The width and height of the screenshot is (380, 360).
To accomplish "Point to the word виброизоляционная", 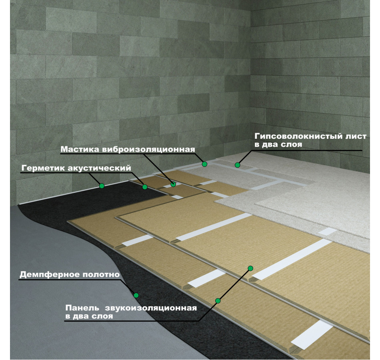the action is point(148,150).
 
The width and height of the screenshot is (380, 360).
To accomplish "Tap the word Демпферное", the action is point(50,274).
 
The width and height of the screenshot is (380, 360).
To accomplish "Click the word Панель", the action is point(82,308).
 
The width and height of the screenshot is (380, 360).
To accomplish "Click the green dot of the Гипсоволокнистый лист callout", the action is point(237,165).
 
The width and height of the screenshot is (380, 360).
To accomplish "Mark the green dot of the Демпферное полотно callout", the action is point(136,295).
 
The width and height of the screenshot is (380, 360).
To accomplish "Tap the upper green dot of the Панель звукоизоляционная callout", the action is point(250,268).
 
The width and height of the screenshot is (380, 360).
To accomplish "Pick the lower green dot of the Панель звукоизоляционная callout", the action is point(218,301).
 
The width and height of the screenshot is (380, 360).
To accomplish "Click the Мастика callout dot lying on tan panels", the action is point(173,184).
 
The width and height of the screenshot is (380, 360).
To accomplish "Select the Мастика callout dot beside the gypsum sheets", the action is point(204,164).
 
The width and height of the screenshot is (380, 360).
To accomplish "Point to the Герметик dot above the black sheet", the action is point(102,186).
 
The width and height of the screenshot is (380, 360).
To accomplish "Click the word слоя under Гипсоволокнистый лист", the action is point(292,145).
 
